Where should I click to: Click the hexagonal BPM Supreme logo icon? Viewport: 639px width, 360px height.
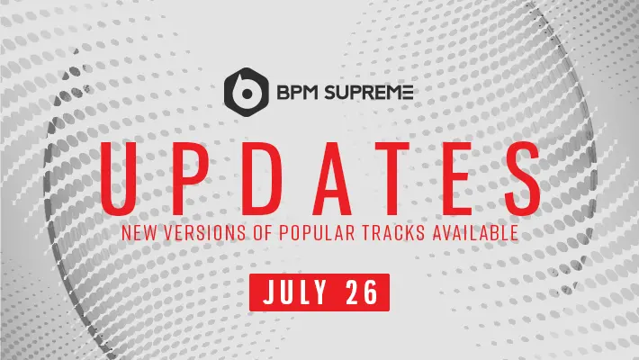tap(246, 92)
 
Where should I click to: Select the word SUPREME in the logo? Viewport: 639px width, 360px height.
tap(366, 93)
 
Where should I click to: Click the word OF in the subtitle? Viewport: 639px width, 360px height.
tap(263, 232)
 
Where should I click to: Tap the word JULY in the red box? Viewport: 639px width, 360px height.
tap(295, 292)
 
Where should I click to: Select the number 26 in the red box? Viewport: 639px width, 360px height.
tap(362, 292)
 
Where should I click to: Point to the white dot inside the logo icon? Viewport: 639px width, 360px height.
tap(246, 94)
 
